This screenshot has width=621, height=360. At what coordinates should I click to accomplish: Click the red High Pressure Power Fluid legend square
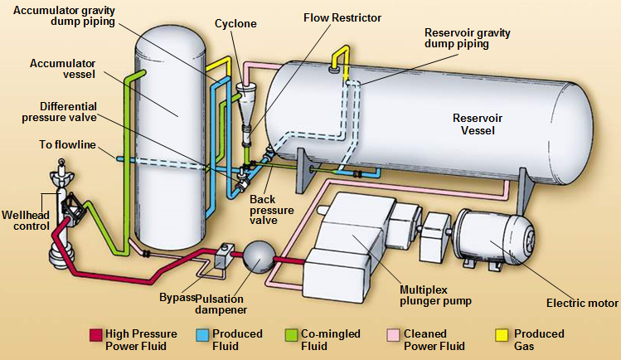(95, 335)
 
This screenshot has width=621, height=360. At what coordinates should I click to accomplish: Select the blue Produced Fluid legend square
(203, 335)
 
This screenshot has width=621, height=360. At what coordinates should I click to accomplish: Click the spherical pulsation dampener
(255, 258)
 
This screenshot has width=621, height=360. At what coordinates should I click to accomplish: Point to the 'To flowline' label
(66, 145)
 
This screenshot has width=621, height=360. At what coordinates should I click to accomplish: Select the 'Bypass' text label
(177, 297)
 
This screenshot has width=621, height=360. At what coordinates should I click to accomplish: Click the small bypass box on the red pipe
(221, 258)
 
